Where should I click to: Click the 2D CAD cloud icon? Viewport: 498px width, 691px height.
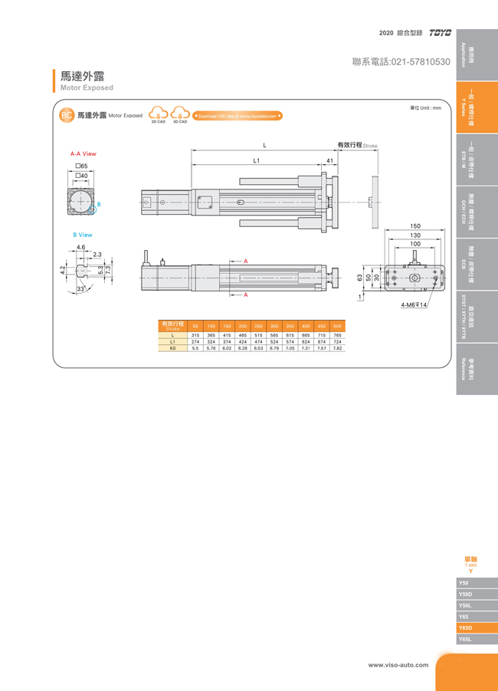(x=158, y=114)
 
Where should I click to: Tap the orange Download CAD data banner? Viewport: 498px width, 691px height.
(x=238, y=116)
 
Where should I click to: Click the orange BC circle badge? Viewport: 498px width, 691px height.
(x=67, y=115)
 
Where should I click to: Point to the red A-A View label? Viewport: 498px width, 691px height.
(x=83, y=154)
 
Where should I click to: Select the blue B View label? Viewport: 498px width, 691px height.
(x=83, y=235)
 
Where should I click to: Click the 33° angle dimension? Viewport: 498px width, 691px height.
(x=80, y=288)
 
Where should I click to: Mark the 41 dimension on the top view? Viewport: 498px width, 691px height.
(x=329, y=161)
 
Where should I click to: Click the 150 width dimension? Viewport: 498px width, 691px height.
(x=414, y=226)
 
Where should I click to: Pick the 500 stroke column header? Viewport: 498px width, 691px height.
(x=337, y=327)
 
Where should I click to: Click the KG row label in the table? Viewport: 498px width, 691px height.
(x=173, y=347)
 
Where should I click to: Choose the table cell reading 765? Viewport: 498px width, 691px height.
(x=337, y=336)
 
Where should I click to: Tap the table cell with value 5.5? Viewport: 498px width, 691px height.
(x=195, y=347)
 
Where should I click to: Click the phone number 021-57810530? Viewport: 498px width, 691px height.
(x=401, y=61)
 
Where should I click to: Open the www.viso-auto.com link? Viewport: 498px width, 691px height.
(x=398, y=664)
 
